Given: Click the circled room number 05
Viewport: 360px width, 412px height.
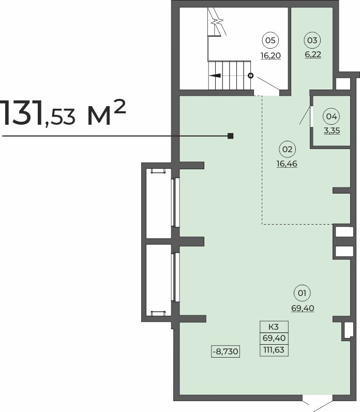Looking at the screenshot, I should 271,40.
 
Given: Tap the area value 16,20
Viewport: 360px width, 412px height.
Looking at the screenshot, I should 271,55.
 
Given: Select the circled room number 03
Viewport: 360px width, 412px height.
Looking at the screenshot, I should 312,40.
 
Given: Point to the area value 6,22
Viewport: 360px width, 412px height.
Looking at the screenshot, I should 312,54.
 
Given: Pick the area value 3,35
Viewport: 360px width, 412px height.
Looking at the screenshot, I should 331,130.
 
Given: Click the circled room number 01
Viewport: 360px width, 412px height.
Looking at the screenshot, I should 303,293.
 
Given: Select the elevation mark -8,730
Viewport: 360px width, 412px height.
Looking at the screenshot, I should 226,351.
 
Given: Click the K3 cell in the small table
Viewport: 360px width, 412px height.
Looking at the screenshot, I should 274,327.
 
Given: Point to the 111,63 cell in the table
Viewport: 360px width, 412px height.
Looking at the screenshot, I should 274,349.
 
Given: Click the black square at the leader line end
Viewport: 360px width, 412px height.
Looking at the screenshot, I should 231,136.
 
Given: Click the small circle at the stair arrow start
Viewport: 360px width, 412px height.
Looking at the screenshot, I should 251,76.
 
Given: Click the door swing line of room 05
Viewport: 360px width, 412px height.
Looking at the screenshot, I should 268,82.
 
